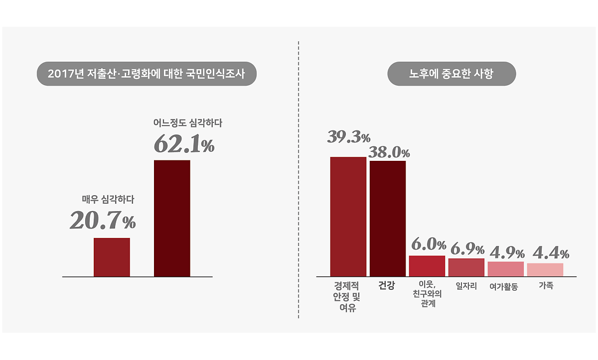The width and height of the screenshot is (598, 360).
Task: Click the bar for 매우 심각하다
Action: pyautogui.click(x=112, y=257)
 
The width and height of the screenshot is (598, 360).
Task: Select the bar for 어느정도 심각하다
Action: pyautogui.click(x=172, y=218)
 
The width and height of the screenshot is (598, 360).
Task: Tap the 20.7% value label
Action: pyautogui.click(x=102, y=221)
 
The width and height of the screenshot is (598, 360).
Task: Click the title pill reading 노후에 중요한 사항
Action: pyautogui.click(x=451, y=74)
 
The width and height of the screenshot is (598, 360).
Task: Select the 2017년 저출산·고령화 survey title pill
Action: pyautogui.click(x=147, y=74)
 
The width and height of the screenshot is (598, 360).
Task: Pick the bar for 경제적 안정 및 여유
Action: pyautogui.click(x=348, y=217)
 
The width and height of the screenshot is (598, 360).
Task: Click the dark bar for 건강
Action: pyautogui.click(x=387, y=219)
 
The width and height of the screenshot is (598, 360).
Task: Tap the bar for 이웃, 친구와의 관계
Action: pyautogui.click(x=427, y=266)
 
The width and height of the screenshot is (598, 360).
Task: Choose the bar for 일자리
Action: pyautogui.click(x=466, y=267)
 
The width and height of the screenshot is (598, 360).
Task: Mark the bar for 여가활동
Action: pyautogui.click(x=506, y=269)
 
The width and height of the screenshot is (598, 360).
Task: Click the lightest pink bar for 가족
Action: pyautogui.click(x=545, y=269)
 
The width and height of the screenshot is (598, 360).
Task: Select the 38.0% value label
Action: pyautogui.click(x=389, y=152)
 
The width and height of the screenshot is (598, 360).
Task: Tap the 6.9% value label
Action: pyautogui.click(x=467, y=248)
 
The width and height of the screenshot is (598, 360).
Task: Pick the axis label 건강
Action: pyautogui.click(x=386, y=286)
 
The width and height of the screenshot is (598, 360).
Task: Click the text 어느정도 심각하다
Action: pyautogui.click(x=187, y=122)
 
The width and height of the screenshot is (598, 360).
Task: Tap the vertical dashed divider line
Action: pyautogui.click(x=299, y=179)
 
